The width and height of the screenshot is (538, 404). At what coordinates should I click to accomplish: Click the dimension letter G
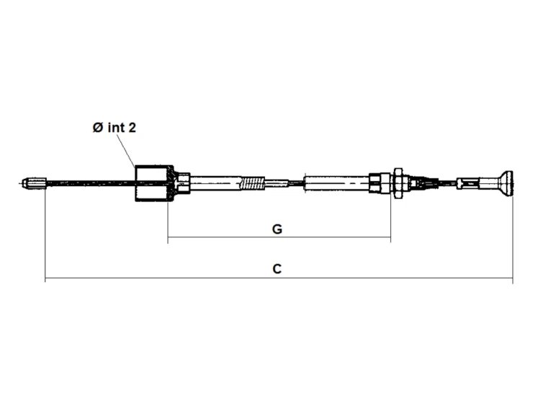(x=277, y=229)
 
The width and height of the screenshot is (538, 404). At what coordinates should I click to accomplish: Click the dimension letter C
(x=277, y=268)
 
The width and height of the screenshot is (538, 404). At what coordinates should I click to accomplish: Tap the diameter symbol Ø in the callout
(x=98, y=128)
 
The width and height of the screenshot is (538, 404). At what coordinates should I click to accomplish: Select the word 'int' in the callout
(x=117, y=127)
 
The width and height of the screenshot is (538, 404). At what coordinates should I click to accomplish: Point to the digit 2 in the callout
(x=132, y=128)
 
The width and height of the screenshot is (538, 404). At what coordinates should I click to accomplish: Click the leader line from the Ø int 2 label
(x=126, y=151)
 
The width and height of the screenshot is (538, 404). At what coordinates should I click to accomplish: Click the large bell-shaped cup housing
(x=154, y=183)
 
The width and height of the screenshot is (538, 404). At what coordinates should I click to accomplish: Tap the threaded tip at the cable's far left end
(x=34, y=183)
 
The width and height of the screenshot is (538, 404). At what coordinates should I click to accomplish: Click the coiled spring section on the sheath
(x=254, y=183)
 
